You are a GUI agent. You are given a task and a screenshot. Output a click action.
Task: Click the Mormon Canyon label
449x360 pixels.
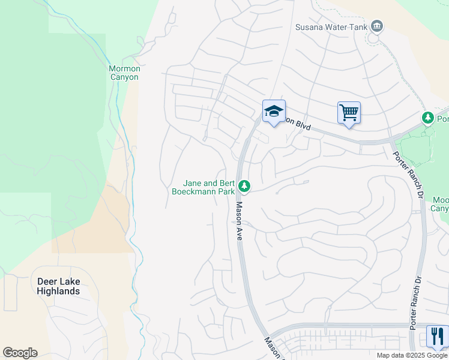124,73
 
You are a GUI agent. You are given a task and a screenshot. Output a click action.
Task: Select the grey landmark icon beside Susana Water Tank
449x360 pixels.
377,26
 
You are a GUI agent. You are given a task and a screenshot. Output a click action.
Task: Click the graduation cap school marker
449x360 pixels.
274,111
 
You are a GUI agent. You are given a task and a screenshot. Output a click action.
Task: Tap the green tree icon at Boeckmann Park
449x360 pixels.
244,186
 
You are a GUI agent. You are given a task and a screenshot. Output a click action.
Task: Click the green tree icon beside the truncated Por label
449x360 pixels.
428,118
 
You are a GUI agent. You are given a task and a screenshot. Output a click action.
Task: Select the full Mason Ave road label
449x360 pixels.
238,221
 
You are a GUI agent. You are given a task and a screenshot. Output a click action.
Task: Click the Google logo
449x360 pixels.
20,353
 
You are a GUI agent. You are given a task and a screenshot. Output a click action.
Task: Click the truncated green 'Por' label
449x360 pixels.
442,119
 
